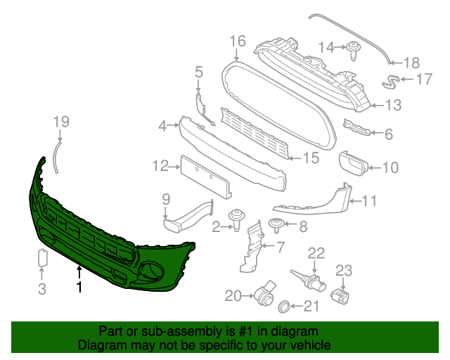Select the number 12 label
[x=160, y=166]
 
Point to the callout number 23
[x=343, y=270]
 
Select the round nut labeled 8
[x=278, y=226]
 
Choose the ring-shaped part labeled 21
[x=285, y=306]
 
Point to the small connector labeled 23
[x=342, y=294]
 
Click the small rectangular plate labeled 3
[x=41, y=258]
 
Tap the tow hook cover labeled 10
[x=354, y=164]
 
